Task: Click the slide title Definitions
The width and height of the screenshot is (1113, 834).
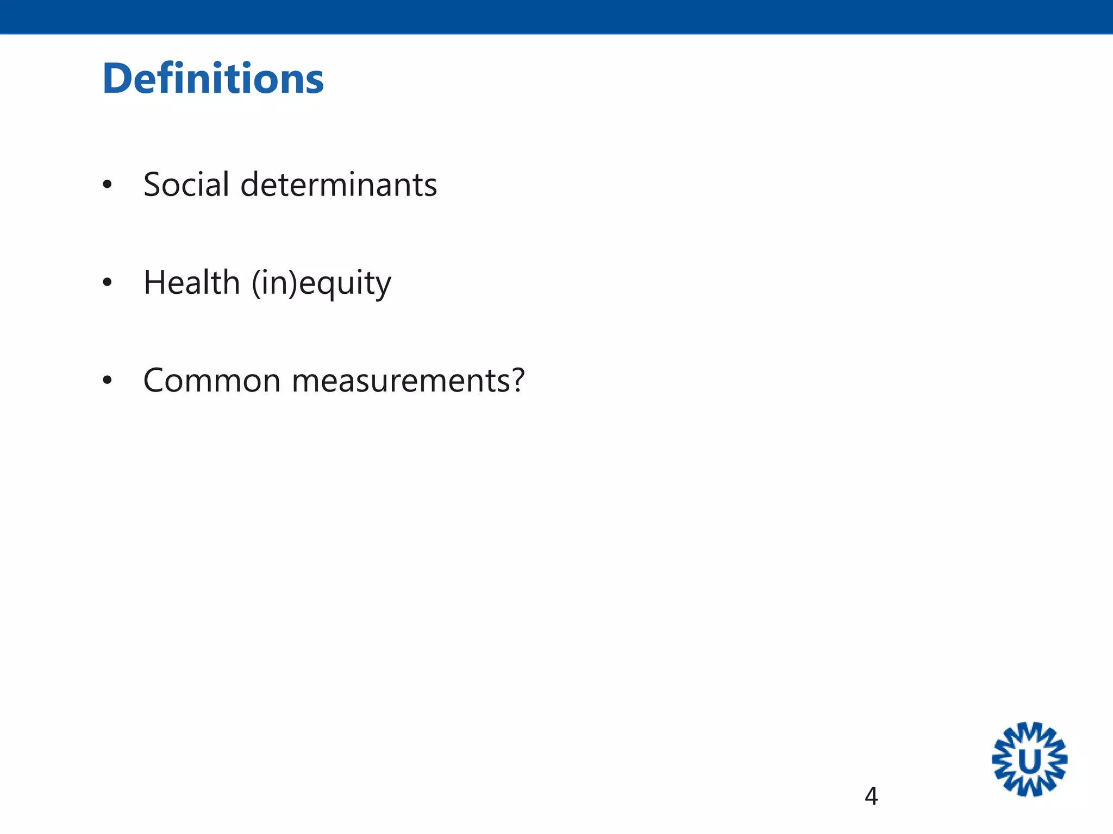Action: click(x=213, y=79)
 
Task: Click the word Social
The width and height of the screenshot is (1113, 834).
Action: click(x=186, y=185)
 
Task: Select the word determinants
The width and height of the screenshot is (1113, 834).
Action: click(x=339, y=185)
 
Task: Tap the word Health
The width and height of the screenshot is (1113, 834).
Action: click(x=191, y=282)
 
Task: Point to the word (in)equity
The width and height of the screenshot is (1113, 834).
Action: click(x=321, y=283)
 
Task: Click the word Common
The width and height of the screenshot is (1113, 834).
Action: click(x=212, y=380)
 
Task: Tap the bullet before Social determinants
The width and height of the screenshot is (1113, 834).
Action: click(x=107, y=185)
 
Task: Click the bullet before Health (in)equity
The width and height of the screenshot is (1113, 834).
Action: click(x=107, y=283)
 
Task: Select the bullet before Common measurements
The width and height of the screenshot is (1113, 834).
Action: click(x=107, y=381)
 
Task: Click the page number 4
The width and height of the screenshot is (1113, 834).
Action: click(x=871, y=797)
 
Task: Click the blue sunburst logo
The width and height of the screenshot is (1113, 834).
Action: click(x=1029, y=759)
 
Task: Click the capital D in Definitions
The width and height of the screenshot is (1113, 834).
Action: click(x=118, y=79)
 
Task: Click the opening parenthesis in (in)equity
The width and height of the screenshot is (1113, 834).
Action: click(x=256, y=283)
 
